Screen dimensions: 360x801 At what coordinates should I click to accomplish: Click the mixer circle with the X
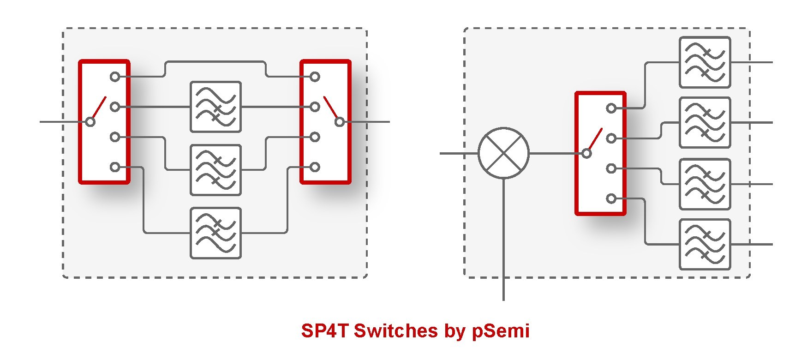[x=503, y=153]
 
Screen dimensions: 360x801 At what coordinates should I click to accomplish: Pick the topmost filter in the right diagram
[x=705, y=62]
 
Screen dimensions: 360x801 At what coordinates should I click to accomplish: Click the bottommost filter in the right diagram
[x=705, y=244]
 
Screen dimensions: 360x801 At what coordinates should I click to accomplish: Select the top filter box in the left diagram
[x=215, y=107]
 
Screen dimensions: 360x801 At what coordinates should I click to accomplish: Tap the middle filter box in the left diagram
[x=215, y=170]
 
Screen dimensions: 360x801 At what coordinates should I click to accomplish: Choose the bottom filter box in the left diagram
[x=215, y=233]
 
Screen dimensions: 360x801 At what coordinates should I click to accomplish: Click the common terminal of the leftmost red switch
[x=90, y=122]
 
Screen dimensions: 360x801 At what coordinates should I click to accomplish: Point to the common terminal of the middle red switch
[x=340, y=122]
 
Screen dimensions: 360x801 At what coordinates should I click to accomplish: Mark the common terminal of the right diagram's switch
[x=586, y=153]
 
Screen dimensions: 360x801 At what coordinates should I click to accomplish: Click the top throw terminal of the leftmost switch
[x=115, y=77]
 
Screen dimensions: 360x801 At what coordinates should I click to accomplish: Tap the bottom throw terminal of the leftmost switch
[x=115, y=167]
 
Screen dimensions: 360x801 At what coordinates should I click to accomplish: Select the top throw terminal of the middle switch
[x=315, y=77]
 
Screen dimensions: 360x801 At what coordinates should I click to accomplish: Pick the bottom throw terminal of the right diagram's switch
[x=611, y=199]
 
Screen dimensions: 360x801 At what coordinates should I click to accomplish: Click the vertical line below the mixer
[x=503, y=240]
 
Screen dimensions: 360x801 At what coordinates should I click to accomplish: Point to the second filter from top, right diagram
[x=705, y=123]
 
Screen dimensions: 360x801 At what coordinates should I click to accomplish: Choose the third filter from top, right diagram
[x=705, y=184]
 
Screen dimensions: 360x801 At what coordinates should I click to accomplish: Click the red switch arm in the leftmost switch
[x=99, y=107]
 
